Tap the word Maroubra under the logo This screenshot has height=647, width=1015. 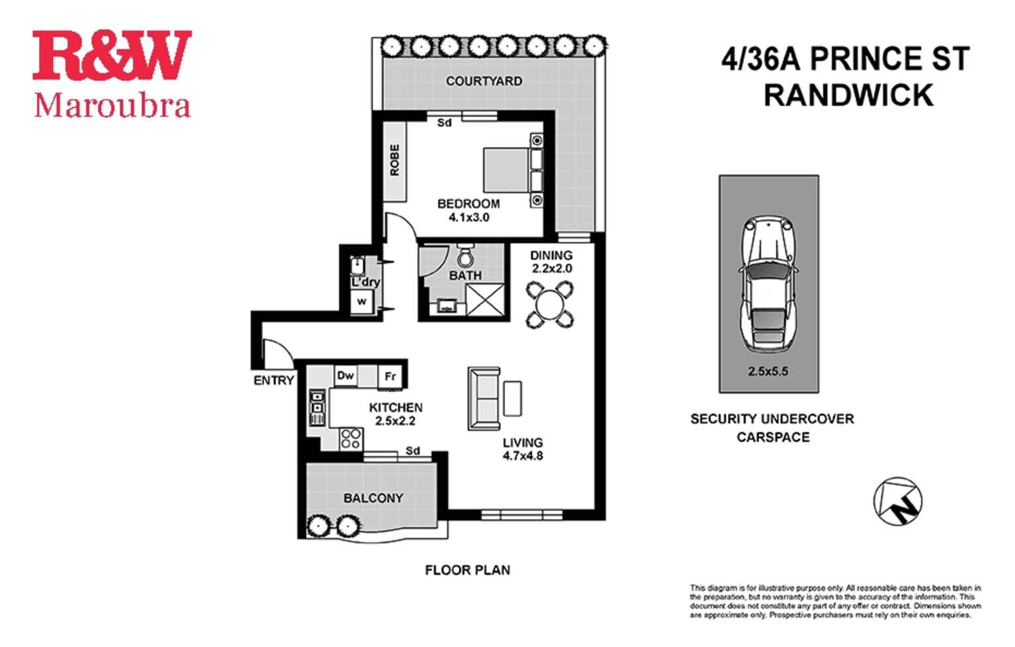(112, 106)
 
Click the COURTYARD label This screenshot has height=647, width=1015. (484, 81)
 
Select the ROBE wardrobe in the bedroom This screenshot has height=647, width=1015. (395, 160)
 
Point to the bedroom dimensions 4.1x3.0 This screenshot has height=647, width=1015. (468, 217)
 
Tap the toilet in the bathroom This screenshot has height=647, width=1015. (466, 254)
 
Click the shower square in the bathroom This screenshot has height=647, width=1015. (484, 299)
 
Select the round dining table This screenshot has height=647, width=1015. (550, 305)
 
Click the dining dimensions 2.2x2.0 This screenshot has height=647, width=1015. (551, 268)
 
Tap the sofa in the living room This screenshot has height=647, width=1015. (485, 399)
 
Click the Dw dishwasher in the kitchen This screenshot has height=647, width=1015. (345, 375)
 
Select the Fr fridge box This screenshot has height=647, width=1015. (390, 376)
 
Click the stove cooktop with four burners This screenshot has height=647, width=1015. (351, 438)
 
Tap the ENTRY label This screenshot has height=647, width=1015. (273, 380)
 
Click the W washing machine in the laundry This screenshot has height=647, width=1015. (361, 301)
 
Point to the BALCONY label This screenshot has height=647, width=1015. (373, 498)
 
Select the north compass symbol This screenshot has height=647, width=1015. (898, 501)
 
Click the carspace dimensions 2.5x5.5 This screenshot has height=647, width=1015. (768, 372)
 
